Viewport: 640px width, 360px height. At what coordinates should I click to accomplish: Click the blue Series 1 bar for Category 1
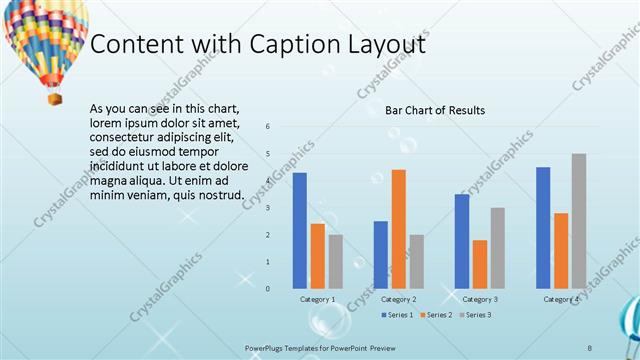point(300,230)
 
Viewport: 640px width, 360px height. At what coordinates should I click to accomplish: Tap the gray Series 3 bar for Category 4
point(579,221)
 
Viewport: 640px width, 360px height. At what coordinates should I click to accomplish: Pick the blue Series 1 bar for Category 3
point(462,241)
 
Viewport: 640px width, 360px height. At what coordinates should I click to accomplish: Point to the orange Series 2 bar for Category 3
point(480,264)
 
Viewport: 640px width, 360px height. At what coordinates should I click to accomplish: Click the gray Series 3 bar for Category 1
point(335,261)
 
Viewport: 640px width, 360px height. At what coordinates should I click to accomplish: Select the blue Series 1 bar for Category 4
point(543,227)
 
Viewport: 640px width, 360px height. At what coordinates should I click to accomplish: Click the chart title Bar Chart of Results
point(435,110)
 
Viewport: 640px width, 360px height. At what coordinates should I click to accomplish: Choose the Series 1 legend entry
point(397,315)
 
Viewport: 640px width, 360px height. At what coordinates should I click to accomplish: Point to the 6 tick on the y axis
point(268,126)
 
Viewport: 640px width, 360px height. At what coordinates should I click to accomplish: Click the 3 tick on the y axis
point(268,207)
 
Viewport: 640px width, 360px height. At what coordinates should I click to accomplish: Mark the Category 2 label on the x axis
point(398,299)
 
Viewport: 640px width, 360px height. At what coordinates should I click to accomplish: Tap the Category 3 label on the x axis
point(480,299)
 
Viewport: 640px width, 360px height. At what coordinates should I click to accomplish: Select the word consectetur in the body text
point(123,136)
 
